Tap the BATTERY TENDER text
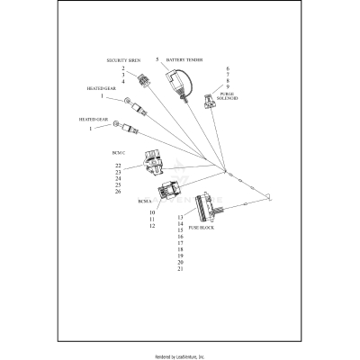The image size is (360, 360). pos(184,60)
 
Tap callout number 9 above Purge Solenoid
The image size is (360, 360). pos(228,86)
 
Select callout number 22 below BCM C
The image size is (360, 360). pos(118,166)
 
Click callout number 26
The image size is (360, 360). pos(118,192)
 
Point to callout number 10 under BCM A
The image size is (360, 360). pos(153,212)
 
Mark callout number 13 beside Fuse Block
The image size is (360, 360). pos(180,218)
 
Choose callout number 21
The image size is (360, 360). pos(180,269)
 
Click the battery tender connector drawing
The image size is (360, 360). pos(178,83)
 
